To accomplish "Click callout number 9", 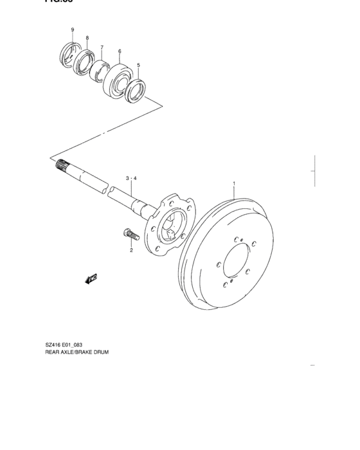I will (73, 30).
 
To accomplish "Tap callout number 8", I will (87, 38).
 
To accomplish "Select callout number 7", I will (102, 47).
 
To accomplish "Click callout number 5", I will (139, 65).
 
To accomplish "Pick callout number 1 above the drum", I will (234, 184).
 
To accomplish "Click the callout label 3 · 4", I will (131, 177).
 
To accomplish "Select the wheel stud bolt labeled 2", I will (127, 234).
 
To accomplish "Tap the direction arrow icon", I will (89, 278).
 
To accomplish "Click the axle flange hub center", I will (168, 226).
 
